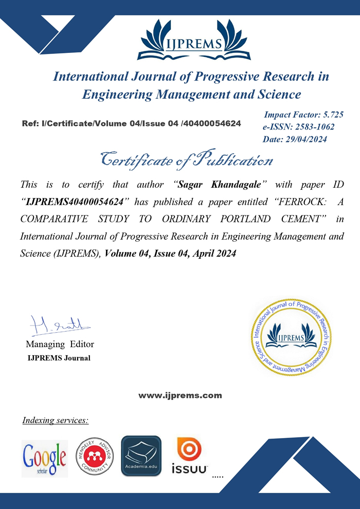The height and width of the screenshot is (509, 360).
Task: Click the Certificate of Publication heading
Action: (x=186, y=159)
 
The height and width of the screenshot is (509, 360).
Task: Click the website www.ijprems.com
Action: (x=180, y=395)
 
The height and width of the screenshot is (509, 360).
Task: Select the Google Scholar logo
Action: (x=45, y=458)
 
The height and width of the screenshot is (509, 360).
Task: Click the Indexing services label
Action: (x=56, y=421)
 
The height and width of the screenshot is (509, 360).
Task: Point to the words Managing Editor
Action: (x=60, y=344)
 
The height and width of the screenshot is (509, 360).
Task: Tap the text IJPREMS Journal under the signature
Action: (x=59, y=358)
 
